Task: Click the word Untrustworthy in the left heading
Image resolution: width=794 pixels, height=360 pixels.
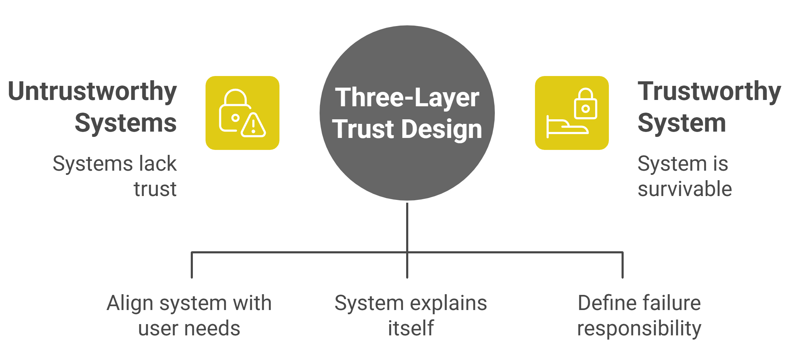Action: [x=92, y=91]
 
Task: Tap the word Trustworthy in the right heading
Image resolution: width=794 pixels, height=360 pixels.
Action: [x=709, y=91]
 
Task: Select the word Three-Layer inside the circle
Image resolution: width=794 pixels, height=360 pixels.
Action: [x=407, y=97]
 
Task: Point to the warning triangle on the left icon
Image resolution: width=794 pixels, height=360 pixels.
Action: [x=253, y=126]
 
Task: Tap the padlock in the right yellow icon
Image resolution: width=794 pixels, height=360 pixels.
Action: [x=585, y=104]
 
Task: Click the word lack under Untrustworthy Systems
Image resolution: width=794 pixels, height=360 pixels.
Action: [x=158, y=164]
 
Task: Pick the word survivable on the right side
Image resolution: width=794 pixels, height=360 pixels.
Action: [x=685, y=189]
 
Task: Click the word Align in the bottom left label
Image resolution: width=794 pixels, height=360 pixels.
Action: [x=130, y=303]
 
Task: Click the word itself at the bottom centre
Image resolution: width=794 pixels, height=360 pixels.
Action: [x=411, y=328]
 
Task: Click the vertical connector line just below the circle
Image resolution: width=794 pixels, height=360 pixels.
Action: [x=407, y=225]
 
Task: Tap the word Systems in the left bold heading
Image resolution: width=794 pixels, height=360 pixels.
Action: [x=126, y=123]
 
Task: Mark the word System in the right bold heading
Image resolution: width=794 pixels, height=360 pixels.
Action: [x=682, y=123]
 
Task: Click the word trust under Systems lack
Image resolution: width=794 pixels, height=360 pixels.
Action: [x=155, y=189]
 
